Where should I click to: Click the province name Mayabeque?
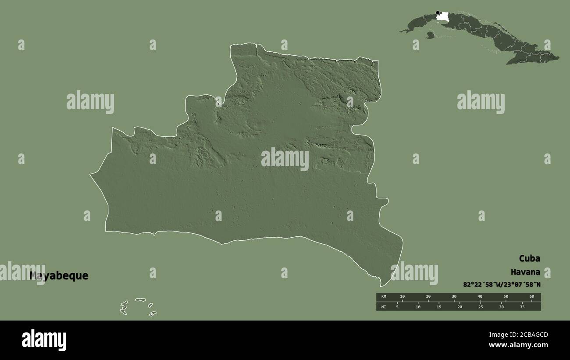click(59, 276)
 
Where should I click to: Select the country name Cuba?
click(529, 258)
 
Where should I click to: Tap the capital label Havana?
click(525, 272)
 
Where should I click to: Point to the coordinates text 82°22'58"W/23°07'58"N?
click(502, 285)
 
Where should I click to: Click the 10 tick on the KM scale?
click(403, 297)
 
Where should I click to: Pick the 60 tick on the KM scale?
click(532, 297)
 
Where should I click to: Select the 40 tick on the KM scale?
click(480, 297)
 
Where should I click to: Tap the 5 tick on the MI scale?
click(397, 307)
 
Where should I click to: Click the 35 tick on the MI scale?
click(522, 307)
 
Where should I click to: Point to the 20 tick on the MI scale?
click(460, 307)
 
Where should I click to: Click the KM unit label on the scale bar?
click(384, 297)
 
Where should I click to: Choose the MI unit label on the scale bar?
click(384, 307)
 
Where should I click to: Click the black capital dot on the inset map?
click(438, 13)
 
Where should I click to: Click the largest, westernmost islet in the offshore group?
click(124, 307)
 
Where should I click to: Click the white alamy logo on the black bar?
click(44, 340)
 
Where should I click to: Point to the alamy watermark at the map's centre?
click(285, 158)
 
